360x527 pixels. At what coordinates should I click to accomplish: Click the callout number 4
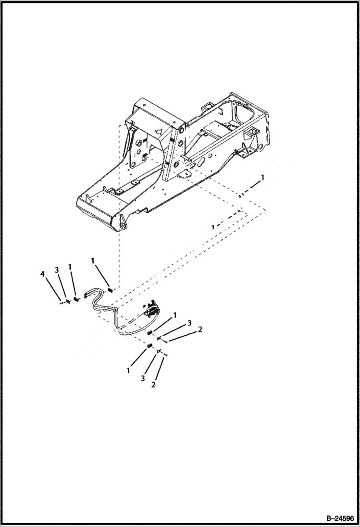[43, 274]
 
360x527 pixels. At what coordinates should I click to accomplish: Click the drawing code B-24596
[339, 518]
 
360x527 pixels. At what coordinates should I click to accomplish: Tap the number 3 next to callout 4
[57, 270]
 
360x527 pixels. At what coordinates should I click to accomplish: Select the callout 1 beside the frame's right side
[262, 178]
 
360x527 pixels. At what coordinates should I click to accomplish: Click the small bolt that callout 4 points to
[62, 302]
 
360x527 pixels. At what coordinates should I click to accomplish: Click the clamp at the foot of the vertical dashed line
[111, 289]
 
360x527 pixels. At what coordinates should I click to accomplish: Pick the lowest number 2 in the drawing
[153, 384]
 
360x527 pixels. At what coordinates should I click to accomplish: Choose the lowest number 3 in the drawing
[143, 379]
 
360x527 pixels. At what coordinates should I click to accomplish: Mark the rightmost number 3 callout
[189, 322]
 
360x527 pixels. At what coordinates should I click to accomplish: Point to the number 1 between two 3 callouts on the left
[70, 267]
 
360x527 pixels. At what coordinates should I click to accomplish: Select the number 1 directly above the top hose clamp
[93, 260]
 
